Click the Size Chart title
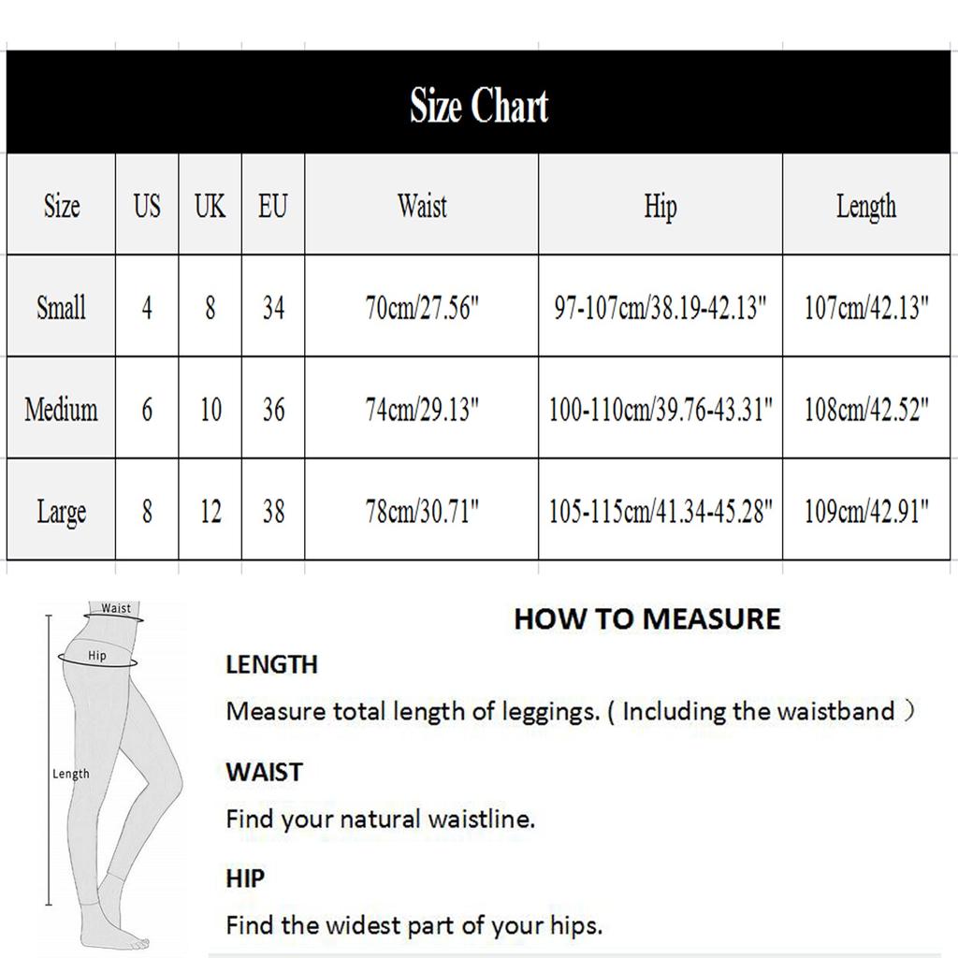click(x=478, y=106)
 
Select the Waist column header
click(x=422, y=206)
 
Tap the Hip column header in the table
click(x=660, y=207)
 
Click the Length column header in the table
click(x=865, y=207)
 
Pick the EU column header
click(x=273, y=206)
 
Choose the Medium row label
click(x=61, y=409)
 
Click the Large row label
click(x=61, y=512)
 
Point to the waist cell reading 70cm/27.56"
click(x=422, y=308)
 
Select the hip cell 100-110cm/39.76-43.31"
click(x=660, y=409)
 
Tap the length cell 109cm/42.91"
click(x=865, y=511)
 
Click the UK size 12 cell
click(x=210, y=511)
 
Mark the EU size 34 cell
click(x=273, y=308)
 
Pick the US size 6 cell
click(x=147, y=409)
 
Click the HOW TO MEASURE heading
click(x=646, y=618)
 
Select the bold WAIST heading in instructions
click(x=264, y=772)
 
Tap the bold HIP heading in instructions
click(x=245, y=878)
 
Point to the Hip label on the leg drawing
click(x=97, y=656)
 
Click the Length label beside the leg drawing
click(x=70, y=774)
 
